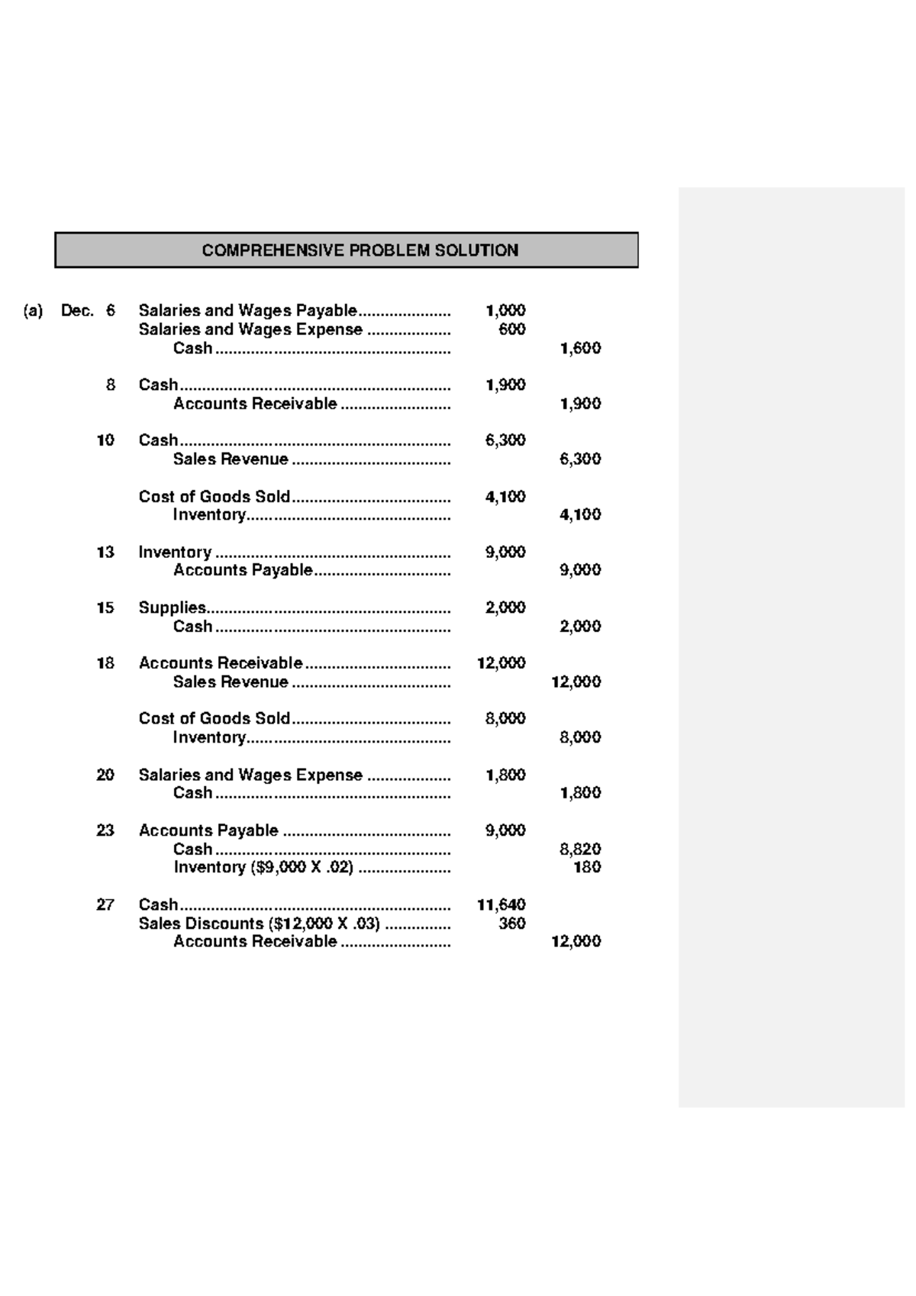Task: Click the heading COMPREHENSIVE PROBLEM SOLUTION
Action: point(360,250)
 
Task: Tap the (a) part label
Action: point(33,311)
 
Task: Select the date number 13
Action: point(105,552)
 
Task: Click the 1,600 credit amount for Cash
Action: point(580,348)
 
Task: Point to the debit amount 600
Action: point(511,329)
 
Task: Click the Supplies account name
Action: point(172,608)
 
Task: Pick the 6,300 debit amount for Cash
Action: point(505,440)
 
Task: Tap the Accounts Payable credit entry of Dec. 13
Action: point(243,570)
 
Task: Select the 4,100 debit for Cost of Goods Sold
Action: point(505,496)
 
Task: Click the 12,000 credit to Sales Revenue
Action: point(576,682)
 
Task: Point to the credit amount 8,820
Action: point(580,849)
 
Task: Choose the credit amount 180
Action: point(587,867)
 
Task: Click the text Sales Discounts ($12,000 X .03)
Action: point(259,924)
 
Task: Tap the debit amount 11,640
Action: point(501,904)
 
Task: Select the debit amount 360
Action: point(511,924)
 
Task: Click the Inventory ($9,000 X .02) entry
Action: point(263,867)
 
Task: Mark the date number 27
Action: point(105,904)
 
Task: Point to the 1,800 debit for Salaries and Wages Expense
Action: point(505,775)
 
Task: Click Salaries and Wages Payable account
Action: point(247,311)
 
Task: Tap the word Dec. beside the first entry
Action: point(77,311)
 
